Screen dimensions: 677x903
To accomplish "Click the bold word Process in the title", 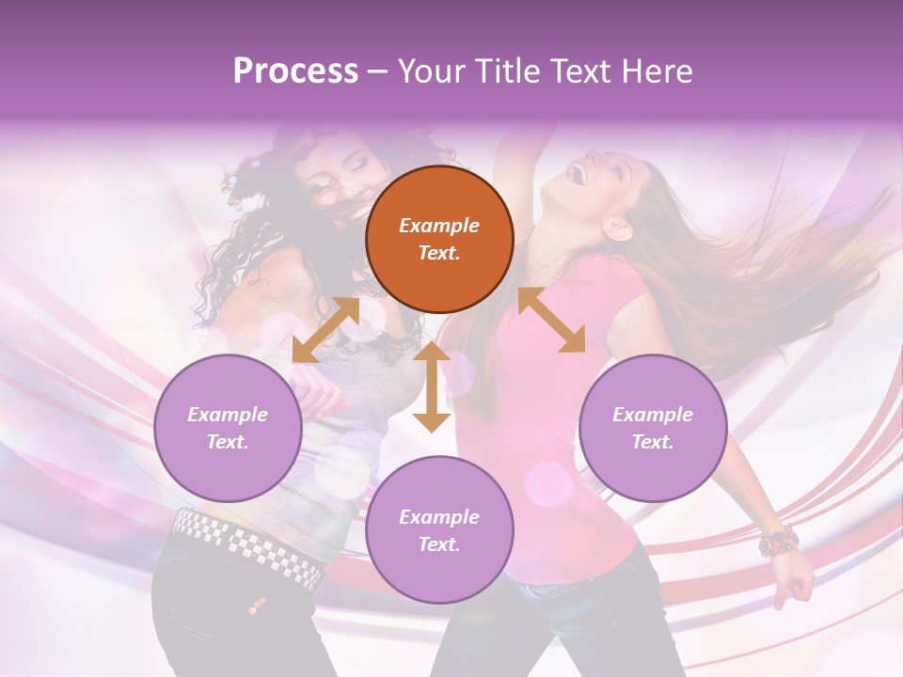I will (x=295, y=71).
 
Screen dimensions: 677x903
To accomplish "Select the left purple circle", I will (x=228, y=428).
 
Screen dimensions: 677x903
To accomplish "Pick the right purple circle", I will (x=653, y=428).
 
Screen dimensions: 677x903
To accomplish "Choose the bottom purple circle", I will (x=439, y=530).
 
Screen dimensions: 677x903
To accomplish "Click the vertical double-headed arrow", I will (x=432, y=386).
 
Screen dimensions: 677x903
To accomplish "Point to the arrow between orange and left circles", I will (x=325, y=330).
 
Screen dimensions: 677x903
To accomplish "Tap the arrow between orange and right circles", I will (x=551, y=320).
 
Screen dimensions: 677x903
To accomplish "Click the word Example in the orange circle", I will (x=439, y=226).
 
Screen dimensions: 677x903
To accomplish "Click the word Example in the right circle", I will (x=653, y=415).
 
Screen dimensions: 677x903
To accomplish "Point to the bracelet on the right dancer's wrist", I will (x=779, y=543).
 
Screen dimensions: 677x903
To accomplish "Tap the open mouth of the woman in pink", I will (x=580, y=174).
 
